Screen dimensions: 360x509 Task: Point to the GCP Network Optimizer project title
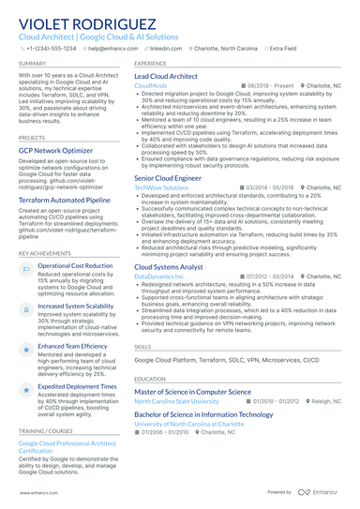(x=55, y=150)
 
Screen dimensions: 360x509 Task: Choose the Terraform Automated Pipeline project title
(x=65, y=200)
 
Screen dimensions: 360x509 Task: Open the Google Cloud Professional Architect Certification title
(x=67, y=446)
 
